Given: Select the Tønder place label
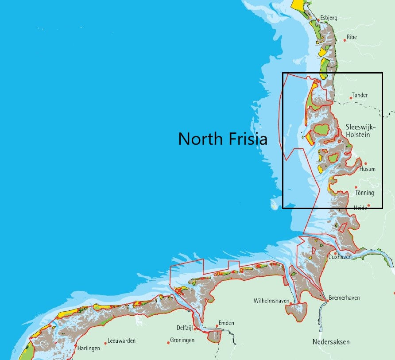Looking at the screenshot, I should point(359,95).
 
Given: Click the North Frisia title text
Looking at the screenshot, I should point(223,139).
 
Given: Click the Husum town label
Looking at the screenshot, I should point(368,169).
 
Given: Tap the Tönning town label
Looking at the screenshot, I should point(365,193).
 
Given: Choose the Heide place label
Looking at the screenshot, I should point(360,208).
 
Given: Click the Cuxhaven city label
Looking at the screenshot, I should point(340,257).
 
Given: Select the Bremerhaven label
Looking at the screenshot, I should point(344,298).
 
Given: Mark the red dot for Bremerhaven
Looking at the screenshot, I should point(328,301).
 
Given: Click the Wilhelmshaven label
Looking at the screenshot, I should point(271,301).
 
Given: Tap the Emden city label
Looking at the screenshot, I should point(226,323).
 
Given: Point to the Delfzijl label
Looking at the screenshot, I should point(185,328).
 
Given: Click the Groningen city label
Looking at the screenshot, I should point(182,341).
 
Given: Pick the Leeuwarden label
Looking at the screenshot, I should point(121,341).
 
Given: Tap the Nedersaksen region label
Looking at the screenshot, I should point(331,342).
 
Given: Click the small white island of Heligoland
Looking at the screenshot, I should point(274,204).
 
